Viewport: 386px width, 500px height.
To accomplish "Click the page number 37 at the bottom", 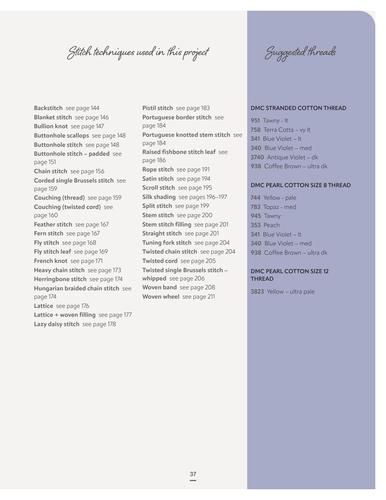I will (193, 474).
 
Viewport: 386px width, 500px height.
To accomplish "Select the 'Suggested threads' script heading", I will (300, 52).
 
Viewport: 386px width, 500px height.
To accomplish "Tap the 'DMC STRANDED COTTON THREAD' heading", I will (298, 108).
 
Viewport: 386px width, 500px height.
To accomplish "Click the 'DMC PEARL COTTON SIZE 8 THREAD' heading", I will (301, 185).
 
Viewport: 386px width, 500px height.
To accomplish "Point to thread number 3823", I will (257, 291).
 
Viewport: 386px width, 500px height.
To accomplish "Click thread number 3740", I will (257, 157).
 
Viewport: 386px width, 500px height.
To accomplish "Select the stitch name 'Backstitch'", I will (48, 108).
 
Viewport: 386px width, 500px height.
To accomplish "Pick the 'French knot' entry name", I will (50, 261).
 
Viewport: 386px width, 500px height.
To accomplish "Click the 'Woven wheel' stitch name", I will (161, 296).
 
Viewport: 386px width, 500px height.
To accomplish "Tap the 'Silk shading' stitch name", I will (159, 197).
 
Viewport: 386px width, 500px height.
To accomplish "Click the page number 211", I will (209, 296).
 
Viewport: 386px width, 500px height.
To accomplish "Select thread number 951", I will (255, 120).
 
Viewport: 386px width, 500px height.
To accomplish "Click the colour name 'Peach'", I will (272, 225).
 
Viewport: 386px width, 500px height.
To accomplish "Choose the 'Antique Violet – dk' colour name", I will (292, 157).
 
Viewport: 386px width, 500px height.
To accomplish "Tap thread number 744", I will (255, 197).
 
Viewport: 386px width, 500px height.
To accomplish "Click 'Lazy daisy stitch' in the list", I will (56, 324).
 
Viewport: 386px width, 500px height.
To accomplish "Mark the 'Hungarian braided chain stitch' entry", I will (76, 288).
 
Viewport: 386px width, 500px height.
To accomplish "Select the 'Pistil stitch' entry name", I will (158, 108).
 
